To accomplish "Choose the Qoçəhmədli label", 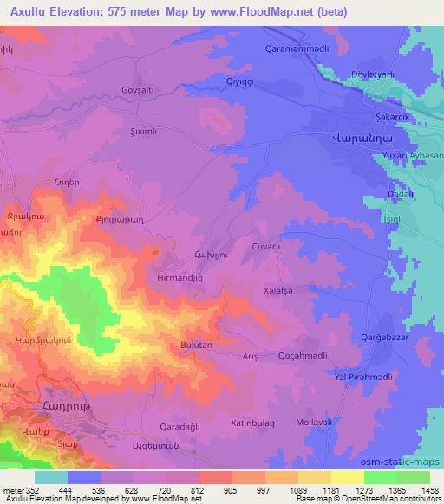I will pyautogui.click(x=301, y=355).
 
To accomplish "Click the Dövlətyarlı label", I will pyautogui.click(x=374, y=75).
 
